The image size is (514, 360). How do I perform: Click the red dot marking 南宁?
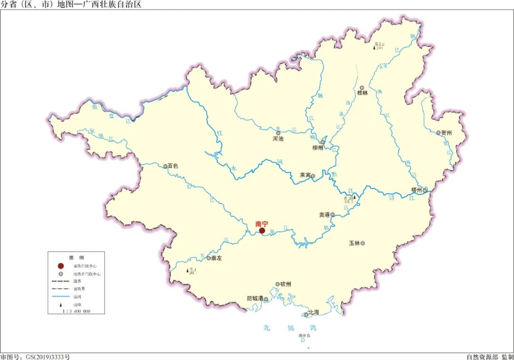pyautogui.click(x=262, y=231)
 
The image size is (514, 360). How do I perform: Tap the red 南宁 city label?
pyautogui.click(x=262, y=223)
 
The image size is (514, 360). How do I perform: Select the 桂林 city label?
pyautogui.click(x=363, y=93)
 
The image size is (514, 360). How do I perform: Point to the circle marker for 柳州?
pyautogui.click(x=323, y=142)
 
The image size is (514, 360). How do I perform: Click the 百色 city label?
pyautogui.click(x=173, y=166)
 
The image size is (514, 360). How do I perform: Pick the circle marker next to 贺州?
pyautogui.click(x=439, y=133)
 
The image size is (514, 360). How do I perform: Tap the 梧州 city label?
pyautogui.click(x=416, y=190)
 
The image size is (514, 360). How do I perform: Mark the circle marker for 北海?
pyautogui.click(x=306, y=314)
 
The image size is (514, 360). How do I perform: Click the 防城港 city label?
pyautogui.click(x=255, y=299)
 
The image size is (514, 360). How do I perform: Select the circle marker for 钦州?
pyautogui.click(x=277, y=284)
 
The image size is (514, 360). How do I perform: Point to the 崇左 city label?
pyautogui.click(x=217, y=258)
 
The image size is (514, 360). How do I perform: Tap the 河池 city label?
pyautogui.click(x=278, y=139)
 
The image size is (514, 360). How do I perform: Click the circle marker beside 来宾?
pyautogui.click(x=313, y=176)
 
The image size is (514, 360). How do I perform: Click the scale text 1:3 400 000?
pyautogui.click(x=76, y=311)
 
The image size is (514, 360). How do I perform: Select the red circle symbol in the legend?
pyautogui.click(x=60, y=266)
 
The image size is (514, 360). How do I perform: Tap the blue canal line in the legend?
pyautogui.click(x=60, y=296)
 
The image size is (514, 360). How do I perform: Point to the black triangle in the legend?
pyautogui.click(x=60, y=304)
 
